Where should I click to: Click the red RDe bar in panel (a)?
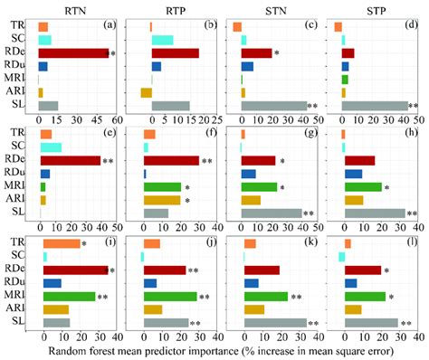point(72,53)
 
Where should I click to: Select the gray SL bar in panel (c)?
point(274,106)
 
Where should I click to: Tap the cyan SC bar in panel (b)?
point(162,40)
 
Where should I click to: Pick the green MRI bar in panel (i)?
point(68,296)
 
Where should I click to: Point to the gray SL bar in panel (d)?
point(374,106)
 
